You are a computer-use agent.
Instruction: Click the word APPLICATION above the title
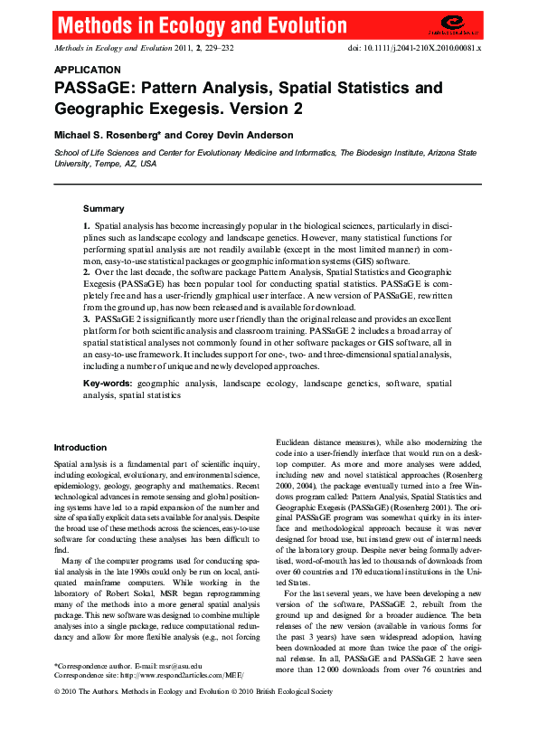[88, 70]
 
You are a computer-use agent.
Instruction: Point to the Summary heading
[104, 208]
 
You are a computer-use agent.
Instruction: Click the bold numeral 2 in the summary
[86, 271]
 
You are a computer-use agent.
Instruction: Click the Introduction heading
[80, 448]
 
